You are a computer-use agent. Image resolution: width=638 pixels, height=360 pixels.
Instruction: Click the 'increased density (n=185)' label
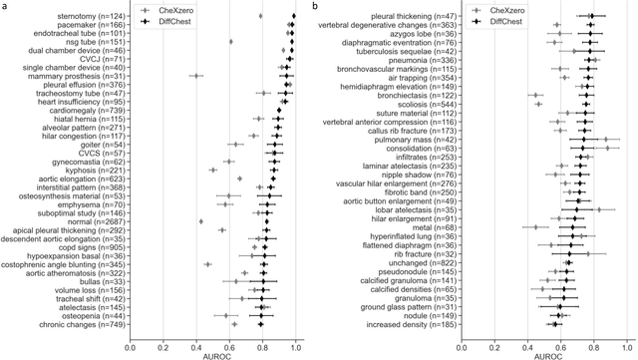click(417, 324)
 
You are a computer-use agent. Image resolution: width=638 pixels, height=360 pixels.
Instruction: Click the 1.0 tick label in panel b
click(626, 339)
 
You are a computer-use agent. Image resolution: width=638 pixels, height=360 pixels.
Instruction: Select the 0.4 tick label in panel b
click(526, 339)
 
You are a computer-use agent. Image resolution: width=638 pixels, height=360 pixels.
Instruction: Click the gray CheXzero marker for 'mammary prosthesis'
click(195, 76)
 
